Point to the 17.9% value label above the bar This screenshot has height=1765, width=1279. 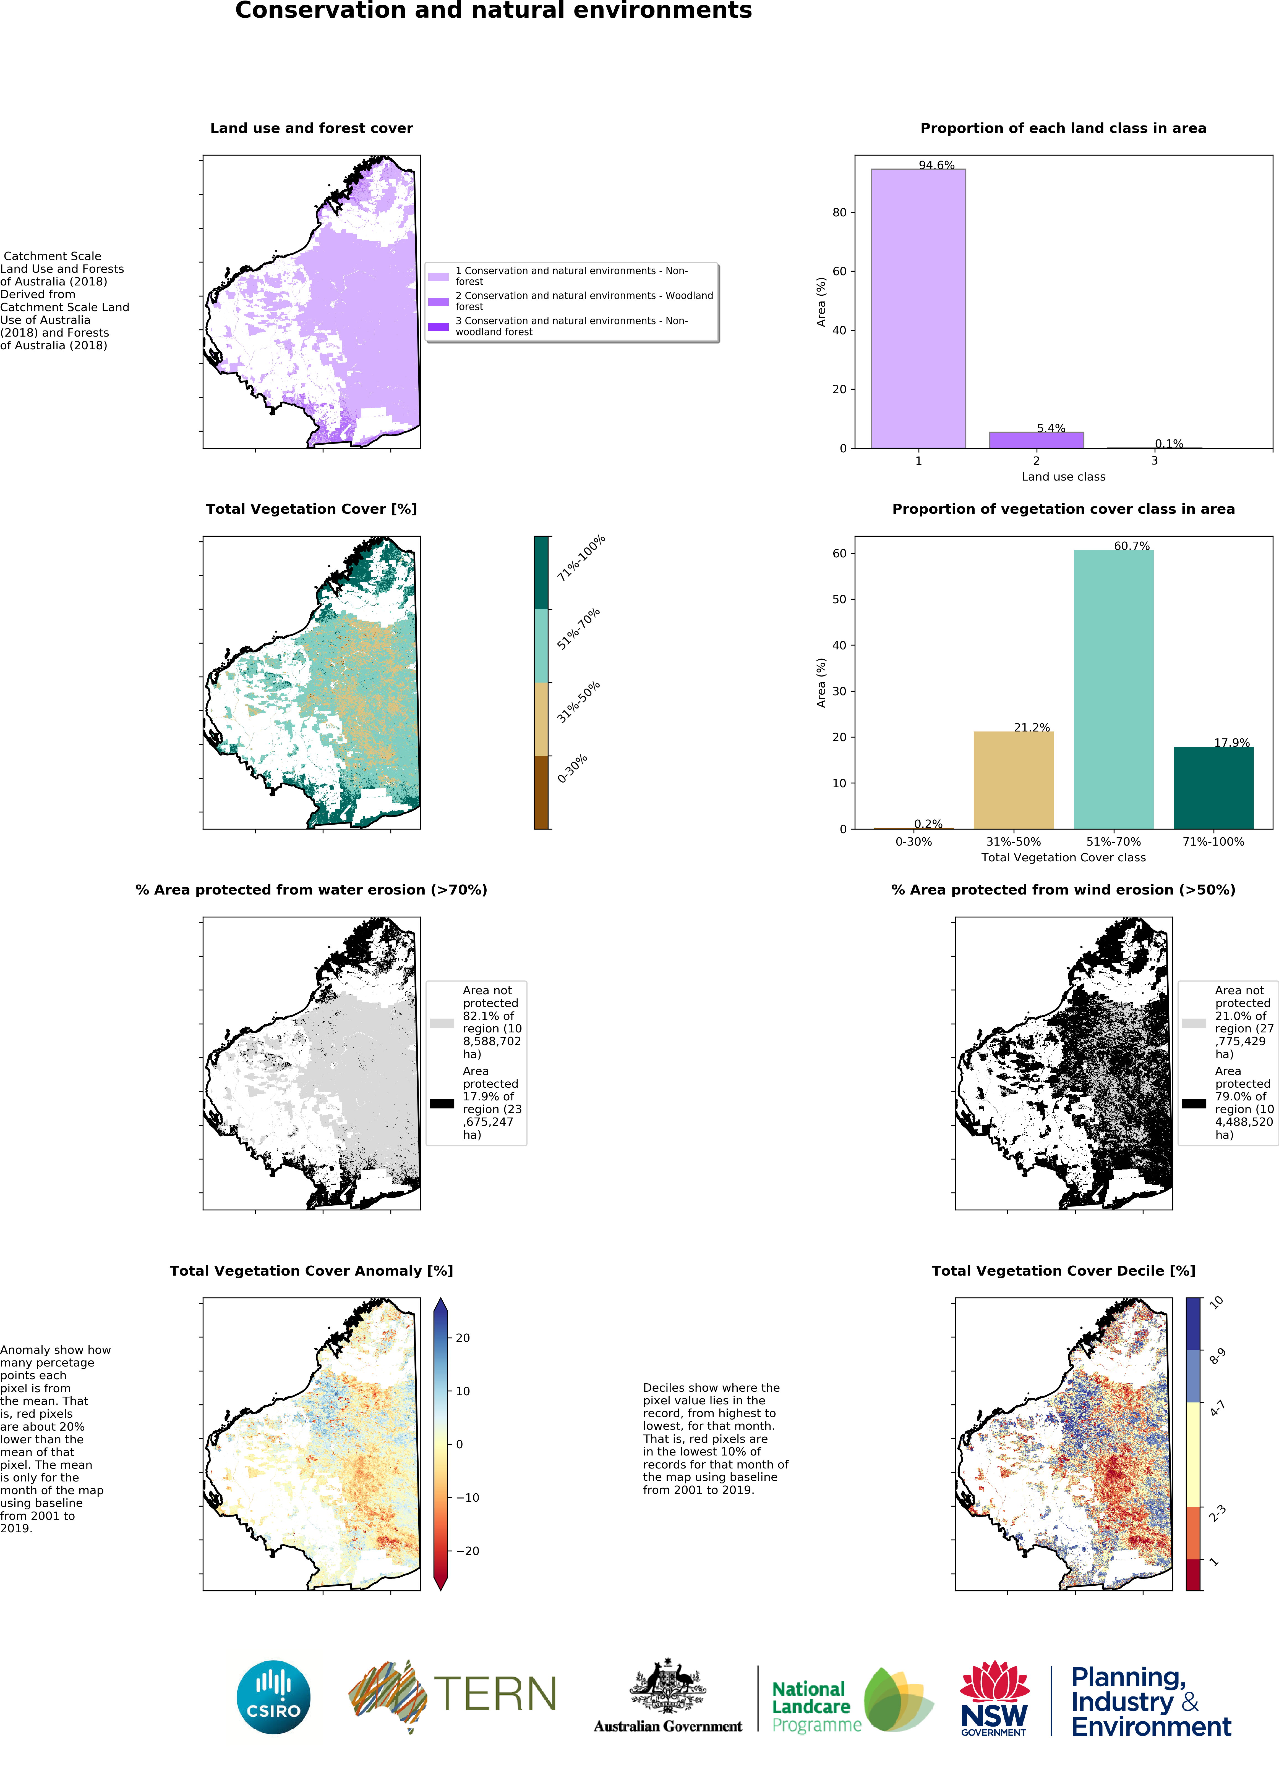[x=1231, y=743]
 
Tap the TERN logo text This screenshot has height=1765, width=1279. [x=495, y=1694]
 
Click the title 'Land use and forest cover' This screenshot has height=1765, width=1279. [x=311, y=128]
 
